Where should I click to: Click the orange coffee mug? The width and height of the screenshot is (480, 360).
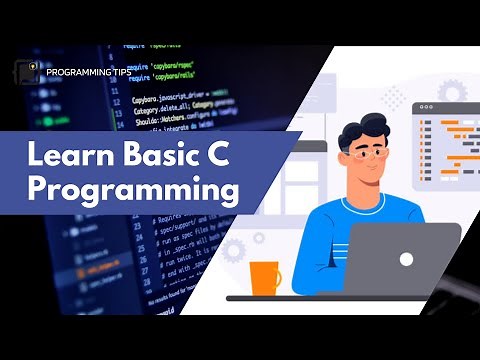pyautogui.click(x=264, y=277)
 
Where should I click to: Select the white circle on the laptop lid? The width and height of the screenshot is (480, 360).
pyautogui.click(x=405, y=259)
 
